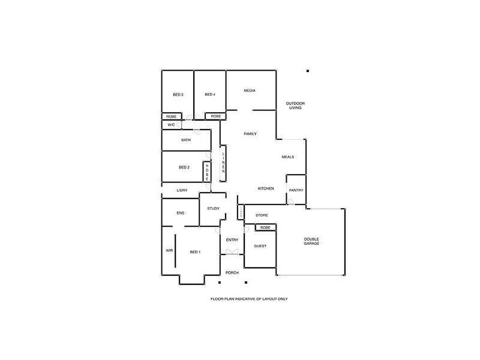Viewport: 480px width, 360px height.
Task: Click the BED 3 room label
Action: [178, 95]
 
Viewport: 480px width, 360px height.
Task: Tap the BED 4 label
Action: [209, 95]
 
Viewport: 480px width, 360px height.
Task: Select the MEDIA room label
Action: [250, 91]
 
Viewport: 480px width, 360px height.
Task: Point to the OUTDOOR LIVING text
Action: [295, 106]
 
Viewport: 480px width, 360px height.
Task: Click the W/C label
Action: [171, 125]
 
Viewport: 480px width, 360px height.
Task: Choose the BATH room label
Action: [186, 140]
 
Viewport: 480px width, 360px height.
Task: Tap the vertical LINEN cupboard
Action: [223, 163]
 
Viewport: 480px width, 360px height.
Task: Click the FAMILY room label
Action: [250, 134]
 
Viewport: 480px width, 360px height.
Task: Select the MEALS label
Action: [288, 157]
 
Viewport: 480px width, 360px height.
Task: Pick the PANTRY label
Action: [296, 190]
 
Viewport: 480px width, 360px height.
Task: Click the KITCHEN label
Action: [266, 188]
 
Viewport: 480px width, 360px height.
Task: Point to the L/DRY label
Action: [182, 191]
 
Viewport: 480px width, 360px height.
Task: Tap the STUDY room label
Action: [213, 209]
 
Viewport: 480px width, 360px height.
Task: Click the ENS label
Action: [180, 213]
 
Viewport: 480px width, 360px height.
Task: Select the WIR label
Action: [169, 251]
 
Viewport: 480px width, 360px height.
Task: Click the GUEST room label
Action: [260, 247]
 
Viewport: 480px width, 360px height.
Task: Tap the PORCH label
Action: [232, 273]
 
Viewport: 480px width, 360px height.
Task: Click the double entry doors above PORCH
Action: [232, 253]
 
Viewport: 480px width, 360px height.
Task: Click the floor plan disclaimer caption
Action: [250, 298]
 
